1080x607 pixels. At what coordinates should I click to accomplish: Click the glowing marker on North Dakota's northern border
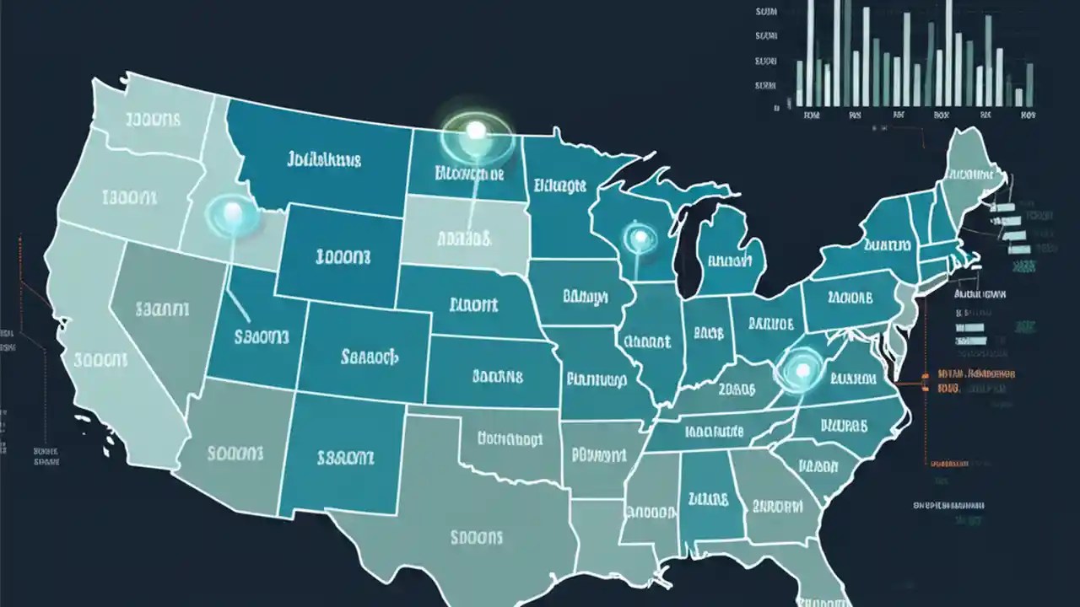[x=476, y=130]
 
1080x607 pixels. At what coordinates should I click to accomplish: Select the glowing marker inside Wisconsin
[x=639, y=239]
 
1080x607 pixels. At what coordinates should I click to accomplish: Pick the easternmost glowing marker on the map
[x=802, y=369]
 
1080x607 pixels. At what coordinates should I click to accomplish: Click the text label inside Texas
[x=477, y=536]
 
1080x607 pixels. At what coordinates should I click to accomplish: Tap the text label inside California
[x=100, y=360]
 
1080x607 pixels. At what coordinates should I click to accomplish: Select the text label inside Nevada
[x=161, y=309]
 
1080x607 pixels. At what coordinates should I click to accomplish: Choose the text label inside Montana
[x=324, y=158]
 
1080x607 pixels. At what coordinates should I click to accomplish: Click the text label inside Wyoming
[x=342, y=255]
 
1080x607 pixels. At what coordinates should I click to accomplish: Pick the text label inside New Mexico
[x=345, y=458]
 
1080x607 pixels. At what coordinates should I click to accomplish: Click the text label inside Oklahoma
[x=510, y=438]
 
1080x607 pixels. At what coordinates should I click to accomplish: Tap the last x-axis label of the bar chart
[x=1027, y=114]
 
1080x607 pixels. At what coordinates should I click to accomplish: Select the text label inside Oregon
[x=128, y=198]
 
